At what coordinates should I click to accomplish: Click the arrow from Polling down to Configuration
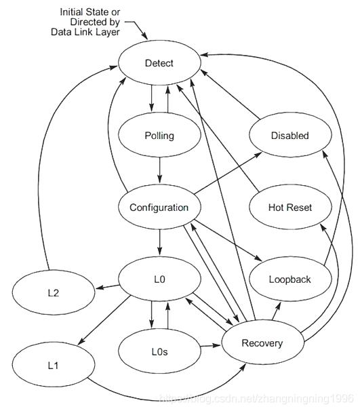tap(159, 170)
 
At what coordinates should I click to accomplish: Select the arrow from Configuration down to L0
tap(159, 242)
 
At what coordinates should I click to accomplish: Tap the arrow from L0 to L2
tap(107, 286)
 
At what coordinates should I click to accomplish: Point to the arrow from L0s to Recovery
tap(211, 346)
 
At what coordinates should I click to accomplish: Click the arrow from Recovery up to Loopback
tap(277, 311)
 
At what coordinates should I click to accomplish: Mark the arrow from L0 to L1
tap(104, 320)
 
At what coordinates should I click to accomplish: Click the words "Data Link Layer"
tap(85, 32)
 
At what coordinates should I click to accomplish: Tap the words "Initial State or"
tap(90, 12)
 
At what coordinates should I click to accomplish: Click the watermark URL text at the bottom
tap(257, 399)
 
